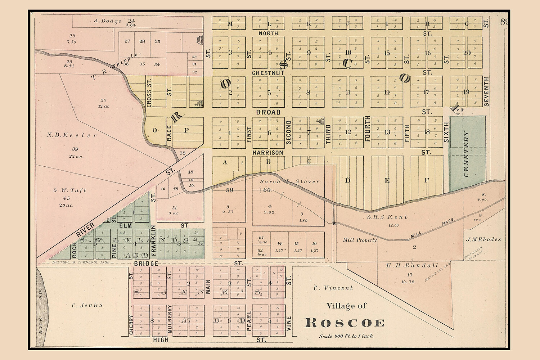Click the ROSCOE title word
345,323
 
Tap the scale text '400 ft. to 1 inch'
346,336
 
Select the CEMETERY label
467,154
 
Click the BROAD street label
268,112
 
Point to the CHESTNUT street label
268,73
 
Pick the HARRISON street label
267,153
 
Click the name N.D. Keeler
72,135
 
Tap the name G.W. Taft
70,190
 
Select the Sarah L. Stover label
289,181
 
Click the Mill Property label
360,240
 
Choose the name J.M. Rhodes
483,239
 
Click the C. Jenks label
87,305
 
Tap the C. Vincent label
333,288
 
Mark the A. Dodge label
107,21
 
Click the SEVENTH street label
486,91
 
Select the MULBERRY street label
170,319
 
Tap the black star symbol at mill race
334,224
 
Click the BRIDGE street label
146,264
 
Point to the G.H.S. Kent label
387,217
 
